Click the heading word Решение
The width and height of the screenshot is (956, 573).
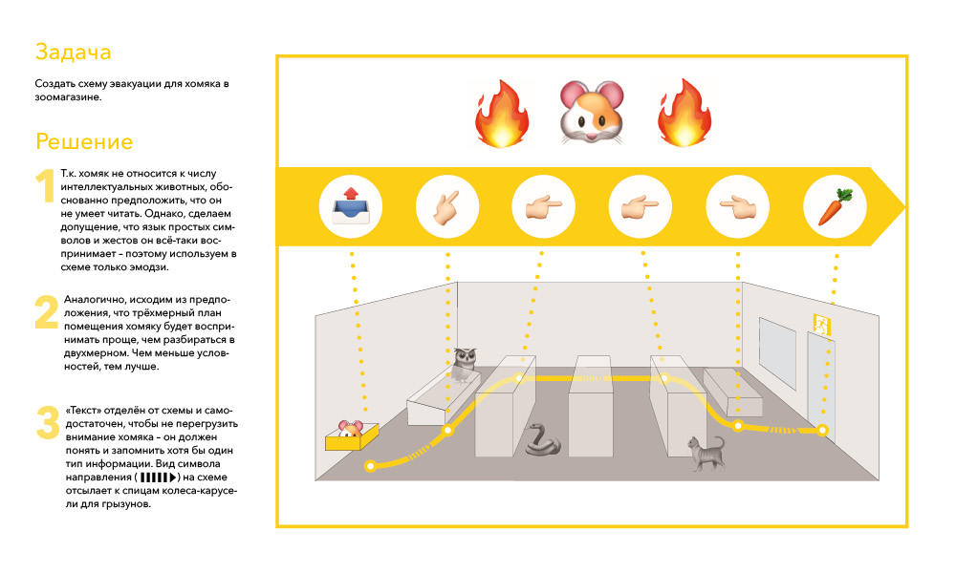pyautogui.click(x=84, y=142)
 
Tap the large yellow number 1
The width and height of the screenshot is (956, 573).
pyautogui.click(x=46, y=186)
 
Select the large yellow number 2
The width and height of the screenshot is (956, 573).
pyautogui.click(x=47, y=312)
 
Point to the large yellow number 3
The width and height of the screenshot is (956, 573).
pyautogui.click(x=47, y=423)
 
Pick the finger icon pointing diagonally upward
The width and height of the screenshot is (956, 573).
pyautogui.click(x=446, y=205)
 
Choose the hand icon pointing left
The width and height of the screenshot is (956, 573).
pyautogui.click(x=737, y=205)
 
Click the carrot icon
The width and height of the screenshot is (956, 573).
pyautogui.click(x=834, y=205)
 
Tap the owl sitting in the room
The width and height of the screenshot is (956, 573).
pyautogui.click(x=466, y=364)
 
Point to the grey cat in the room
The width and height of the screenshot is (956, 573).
pyautogui.click(x=705, y=454)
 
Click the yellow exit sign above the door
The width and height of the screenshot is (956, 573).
pyautogui.click(x=819, y=322)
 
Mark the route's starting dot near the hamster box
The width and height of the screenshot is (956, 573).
pyautogui.click(x=370, y=466)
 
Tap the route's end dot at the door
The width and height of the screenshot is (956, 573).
pyautogui.click(x=822, y=431)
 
